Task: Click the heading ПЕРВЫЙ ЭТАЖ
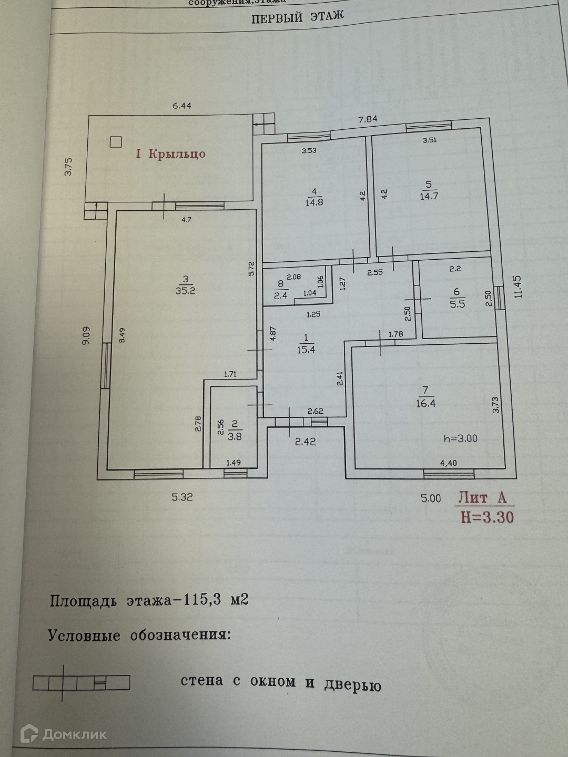pyautogui.click(x=298, y=17)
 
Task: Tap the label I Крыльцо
pyautogui.click(x=171, y=154)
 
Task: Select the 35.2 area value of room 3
pyautogui.click(x=185, y=291)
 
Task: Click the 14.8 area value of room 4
pyautogui.click(x=314, y=202)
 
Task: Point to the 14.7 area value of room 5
pyautogui.click(x=429, y=196)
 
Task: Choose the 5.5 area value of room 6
pyautogui.click(x=457, y=304)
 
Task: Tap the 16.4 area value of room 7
pyautogui.click(x=425, y=403)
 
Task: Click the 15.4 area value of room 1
pyautogui.click(x=306, y=350)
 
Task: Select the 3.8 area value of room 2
pyautogui.click(x=235, y=436)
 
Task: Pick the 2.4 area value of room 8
pyautogui.click(x=281, y=295)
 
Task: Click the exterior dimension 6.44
pyautogui.click(x=182, y=106)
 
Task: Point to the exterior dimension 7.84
pyautogui.click(x=368, y=119)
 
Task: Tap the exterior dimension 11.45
pyautogui.click(x=519, y=287)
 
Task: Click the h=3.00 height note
pyautogui.click(x=460, y=438)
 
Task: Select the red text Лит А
pyautogui.click(x=482, y=497)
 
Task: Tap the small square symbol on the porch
pyautogui.click(x=116, y=141)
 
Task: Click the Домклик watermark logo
pyautogui.click(x=63, y=734)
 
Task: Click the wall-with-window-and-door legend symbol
pyautogui.click(x=81, y=682)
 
